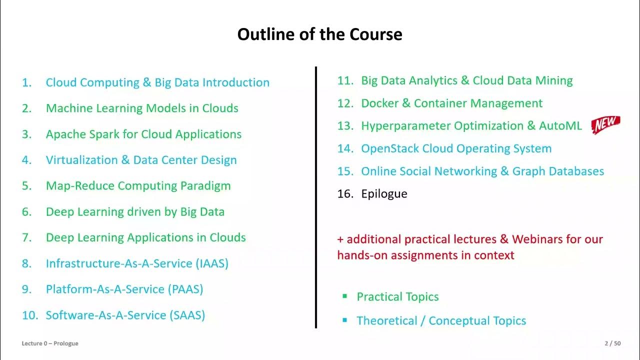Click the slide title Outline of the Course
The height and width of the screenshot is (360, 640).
[319, 34]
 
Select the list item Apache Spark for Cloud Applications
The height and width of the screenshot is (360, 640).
[143, 134]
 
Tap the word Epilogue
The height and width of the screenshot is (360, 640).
[384, 194]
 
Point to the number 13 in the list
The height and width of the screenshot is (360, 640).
[345, 126]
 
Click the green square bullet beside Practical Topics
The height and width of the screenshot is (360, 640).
[344, 296]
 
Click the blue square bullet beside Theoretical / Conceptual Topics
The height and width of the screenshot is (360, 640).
[344, 320]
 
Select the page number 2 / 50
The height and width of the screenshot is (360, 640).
[612, 343]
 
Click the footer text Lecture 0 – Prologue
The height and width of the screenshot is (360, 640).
[50, 343]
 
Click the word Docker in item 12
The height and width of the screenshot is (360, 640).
[379, 103]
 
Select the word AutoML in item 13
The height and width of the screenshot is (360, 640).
[560, 126]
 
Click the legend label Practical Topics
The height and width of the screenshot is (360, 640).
[397, 297]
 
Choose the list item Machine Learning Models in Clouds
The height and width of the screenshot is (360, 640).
[142, 108]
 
